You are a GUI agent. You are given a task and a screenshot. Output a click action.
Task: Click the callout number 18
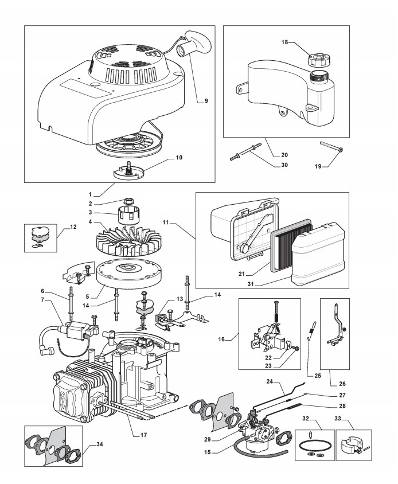(x=284, y=42)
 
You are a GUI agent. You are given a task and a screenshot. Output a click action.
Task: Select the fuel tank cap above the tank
(x=317, y=60)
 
